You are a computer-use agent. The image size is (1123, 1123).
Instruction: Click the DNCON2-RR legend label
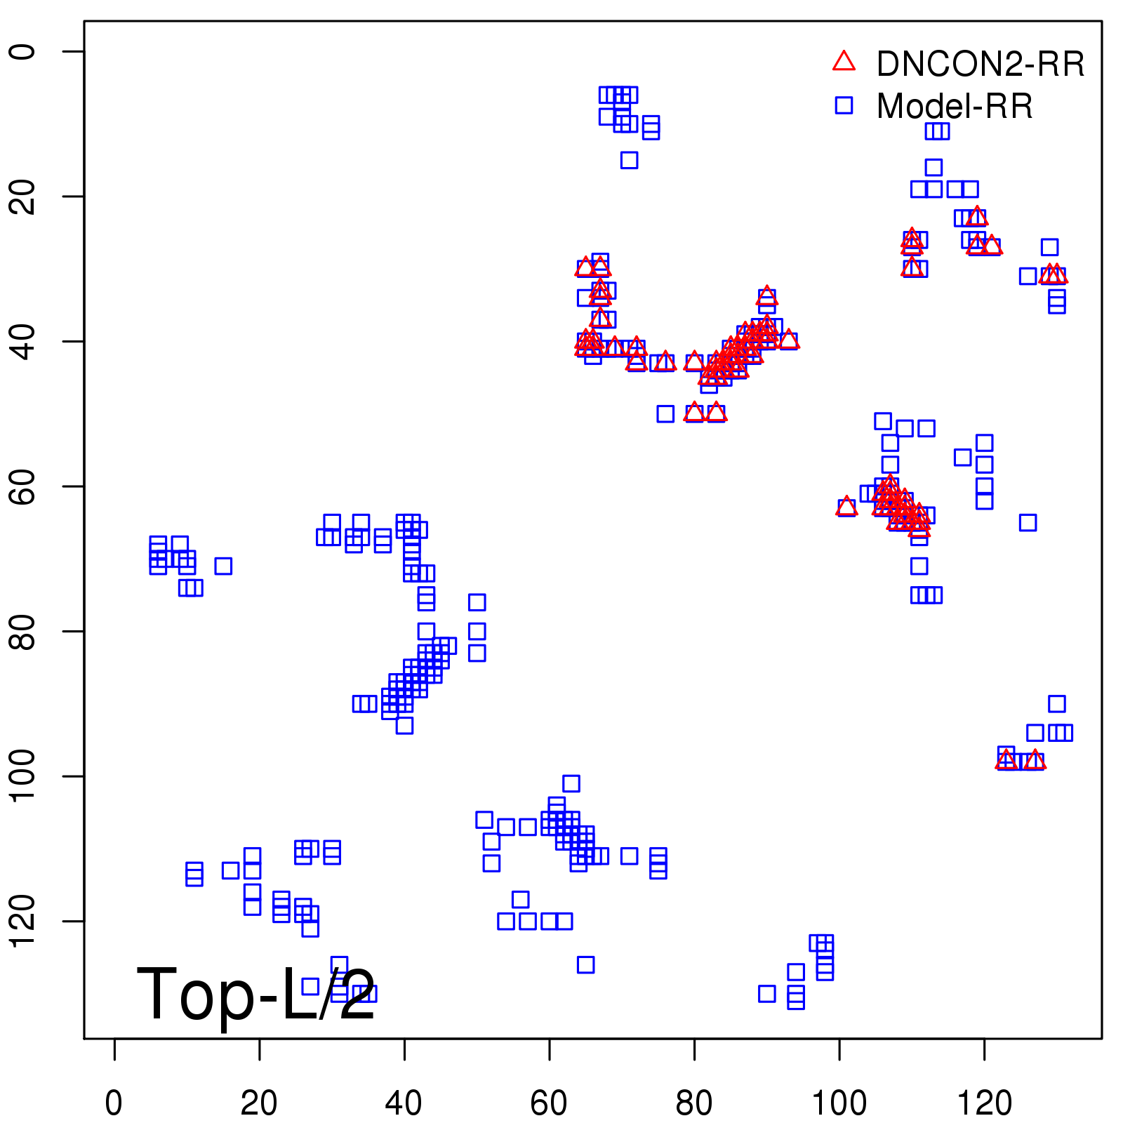[x=980, y=65]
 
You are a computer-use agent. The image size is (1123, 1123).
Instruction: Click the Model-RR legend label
[x=955, y=107]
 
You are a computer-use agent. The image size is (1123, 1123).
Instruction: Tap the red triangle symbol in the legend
[x=844, y=62]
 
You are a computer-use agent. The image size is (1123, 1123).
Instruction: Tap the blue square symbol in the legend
[x=844, y=105]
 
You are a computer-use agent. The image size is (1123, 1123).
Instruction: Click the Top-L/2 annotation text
[x=255, y=994]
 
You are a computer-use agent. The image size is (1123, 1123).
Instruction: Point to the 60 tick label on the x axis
[x=549, y=1103]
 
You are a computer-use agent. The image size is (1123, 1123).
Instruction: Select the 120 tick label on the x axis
[x=984, y=1103]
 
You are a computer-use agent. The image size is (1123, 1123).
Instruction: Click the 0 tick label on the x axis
[x=114, y=1103]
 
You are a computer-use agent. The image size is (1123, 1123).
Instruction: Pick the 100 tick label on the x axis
[x=839, y=1103]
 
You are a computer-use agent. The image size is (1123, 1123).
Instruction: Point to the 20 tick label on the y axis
[x=22, y=196]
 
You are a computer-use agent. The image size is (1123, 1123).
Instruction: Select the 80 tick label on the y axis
[x=22, y=631]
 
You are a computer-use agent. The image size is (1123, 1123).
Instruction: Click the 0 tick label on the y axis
[x=22, y=51]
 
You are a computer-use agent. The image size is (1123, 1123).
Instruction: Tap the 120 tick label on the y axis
[x=22, y=920]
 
